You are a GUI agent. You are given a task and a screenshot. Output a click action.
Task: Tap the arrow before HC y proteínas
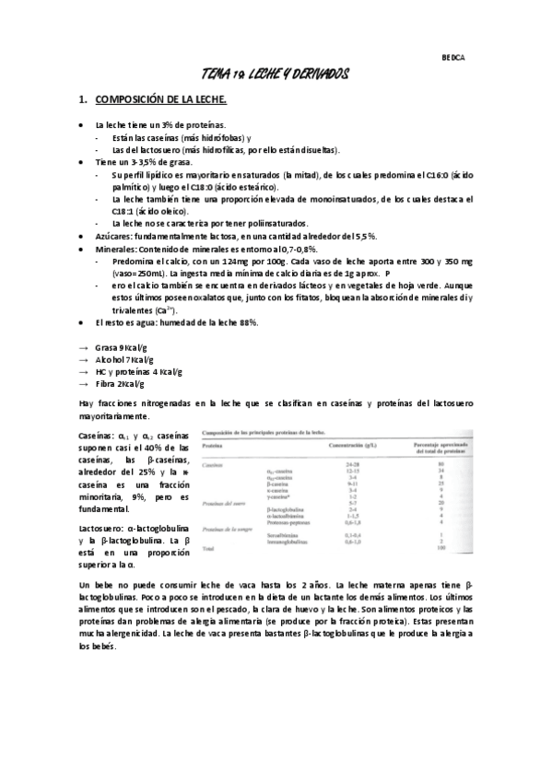[84, 371]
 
